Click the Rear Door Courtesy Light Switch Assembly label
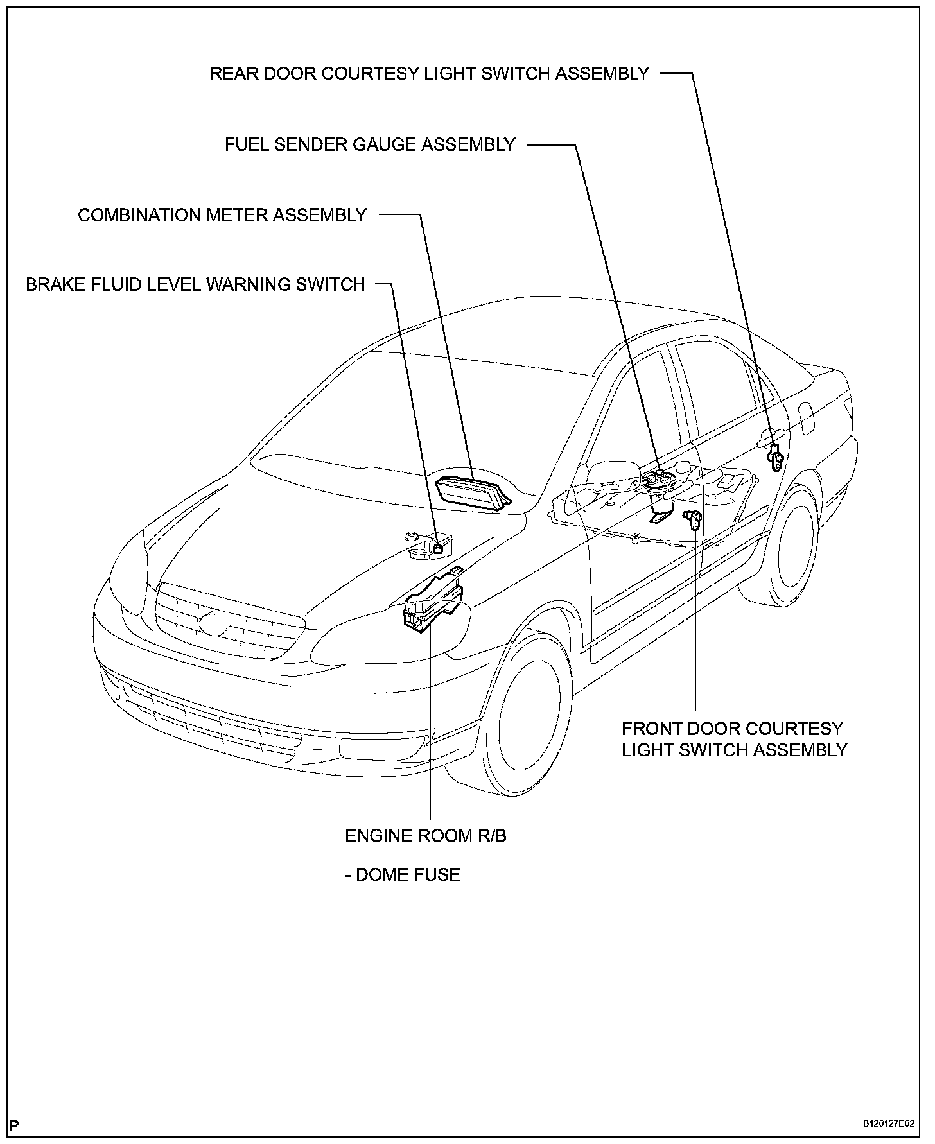coord(429,73)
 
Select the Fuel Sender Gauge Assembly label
coord(370,144)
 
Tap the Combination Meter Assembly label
coord(222,214)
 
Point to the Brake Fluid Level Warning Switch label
coord(195,284)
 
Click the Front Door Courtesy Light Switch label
coord(734,739)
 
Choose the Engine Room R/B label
coord(425,835)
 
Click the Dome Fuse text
coord(403,874)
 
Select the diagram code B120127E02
coord(887,1123)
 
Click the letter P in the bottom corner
coord(14,1125)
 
